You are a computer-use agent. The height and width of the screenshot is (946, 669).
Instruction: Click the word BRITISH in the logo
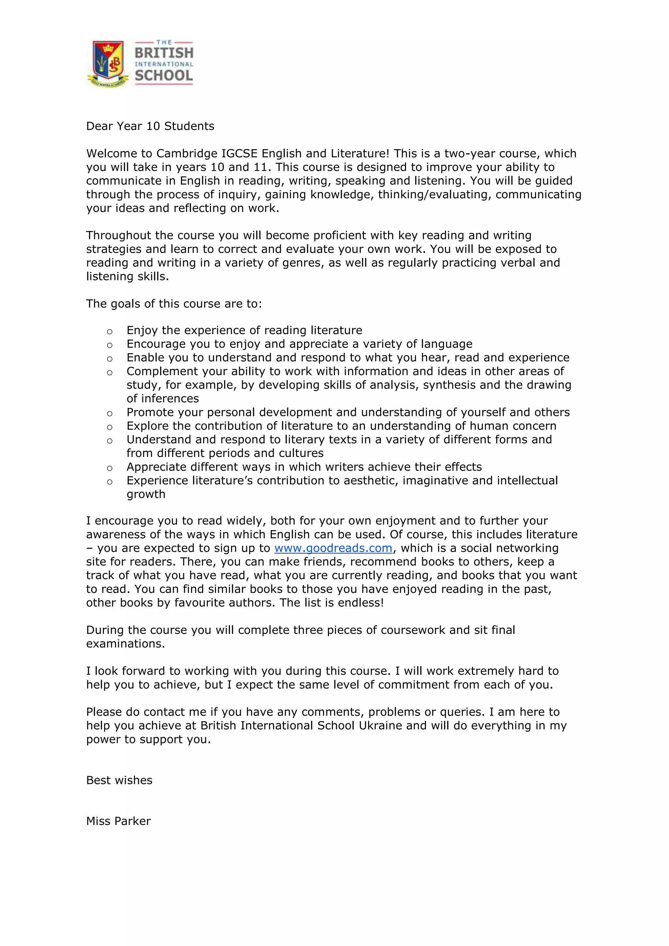tap(164, 53)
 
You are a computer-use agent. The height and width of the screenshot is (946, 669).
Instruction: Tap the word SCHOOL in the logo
tap(164, 76)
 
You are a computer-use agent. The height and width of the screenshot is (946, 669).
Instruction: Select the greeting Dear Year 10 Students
tap(150, 126)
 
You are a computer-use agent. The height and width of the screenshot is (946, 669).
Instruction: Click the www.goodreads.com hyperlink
tap(333, 548)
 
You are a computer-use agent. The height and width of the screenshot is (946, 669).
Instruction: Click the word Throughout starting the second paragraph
tap(119, 235)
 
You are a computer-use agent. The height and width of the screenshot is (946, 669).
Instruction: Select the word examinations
tap(125, 644)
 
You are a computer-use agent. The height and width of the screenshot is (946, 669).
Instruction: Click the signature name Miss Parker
tap(118, 821)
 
